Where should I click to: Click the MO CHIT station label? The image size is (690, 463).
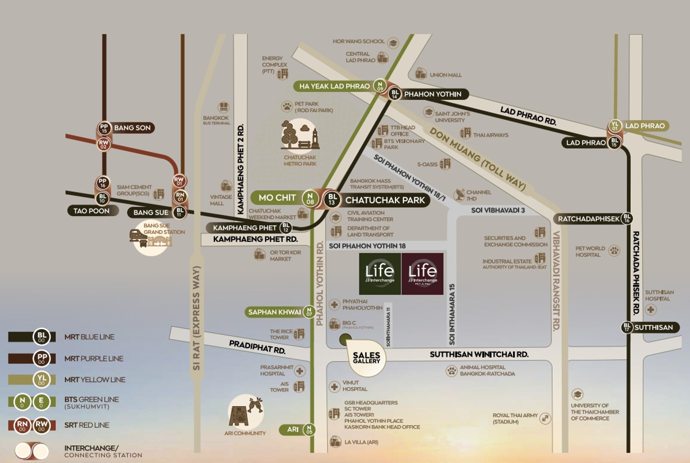click(277, 198)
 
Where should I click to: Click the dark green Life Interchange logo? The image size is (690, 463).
click(379, 273)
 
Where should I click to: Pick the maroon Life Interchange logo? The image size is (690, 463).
click(423, 273)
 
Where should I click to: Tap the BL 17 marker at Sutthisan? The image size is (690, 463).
click(627, 327)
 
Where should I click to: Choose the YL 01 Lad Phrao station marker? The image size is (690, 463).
click(615, 126)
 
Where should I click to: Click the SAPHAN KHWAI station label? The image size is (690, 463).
click(274, 312)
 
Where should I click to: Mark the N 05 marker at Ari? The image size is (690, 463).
click(310, 429)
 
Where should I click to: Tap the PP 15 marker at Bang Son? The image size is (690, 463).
click(104, 128)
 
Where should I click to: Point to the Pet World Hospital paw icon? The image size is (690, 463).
click(615, 250)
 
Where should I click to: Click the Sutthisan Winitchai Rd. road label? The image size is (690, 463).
click(479, 355)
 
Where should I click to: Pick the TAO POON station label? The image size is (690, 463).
click(91, 211)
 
